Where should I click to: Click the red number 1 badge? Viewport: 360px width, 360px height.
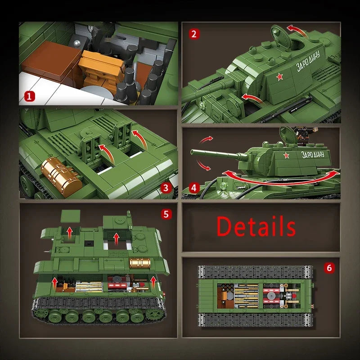point(30,95)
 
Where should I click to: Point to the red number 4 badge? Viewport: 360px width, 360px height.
point(194,188)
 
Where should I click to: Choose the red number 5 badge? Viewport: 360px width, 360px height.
point(166,214)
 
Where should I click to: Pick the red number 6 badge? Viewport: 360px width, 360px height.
point(329,268)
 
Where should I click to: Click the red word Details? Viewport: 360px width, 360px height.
point(256,226)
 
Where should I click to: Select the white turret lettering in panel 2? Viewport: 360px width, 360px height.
point(309,62)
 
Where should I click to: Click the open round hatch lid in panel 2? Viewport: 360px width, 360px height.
point(280,34)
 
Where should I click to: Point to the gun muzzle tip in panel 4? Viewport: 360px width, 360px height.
point(192,153)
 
